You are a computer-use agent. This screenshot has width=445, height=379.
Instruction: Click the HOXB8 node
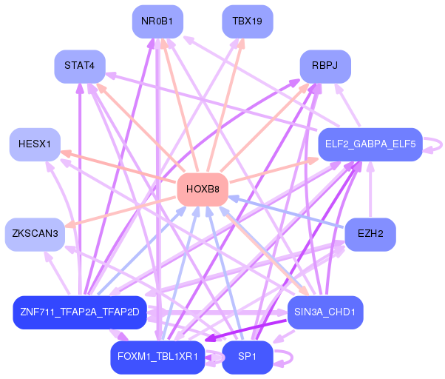point(202,189)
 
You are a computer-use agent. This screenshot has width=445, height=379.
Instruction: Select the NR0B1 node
point(157,21)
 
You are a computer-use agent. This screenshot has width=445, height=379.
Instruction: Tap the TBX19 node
point(247,21)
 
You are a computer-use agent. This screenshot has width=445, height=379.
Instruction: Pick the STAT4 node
point(79,66)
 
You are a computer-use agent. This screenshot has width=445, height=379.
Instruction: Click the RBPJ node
point(325,66)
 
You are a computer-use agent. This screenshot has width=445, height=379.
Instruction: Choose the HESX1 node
point(34,144)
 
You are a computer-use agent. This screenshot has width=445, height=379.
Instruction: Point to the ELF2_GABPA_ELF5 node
point(369,144)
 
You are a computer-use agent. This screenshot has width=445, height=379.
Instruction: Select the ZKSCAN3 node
point(34,234)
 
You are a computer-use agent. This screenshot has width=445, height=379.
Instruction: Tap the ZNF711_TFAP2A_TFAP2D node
point(80,312)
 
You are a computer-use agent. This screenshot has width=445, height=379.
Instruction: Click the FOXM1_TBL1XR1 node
point(157,357)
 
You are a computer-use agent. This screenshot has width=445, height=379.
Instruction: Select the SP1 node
point(247,357)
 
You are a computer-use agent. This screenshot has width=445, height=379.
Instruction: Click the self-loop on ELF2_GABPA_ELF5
point(436,144)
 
